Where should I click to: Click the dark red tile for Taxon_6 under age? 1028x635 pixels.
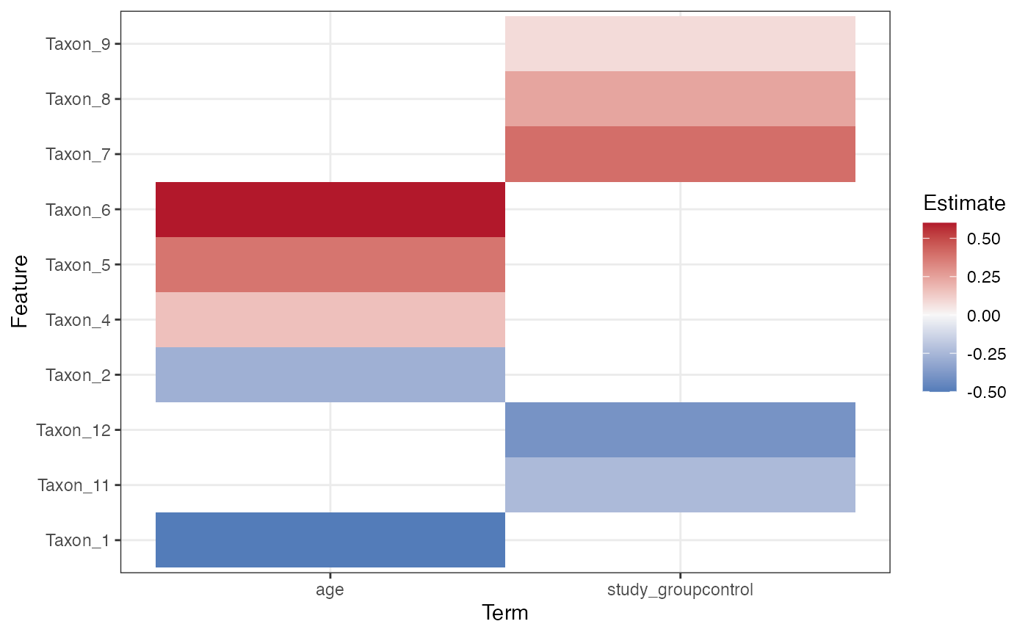pyautogui.click(x=330, y=209)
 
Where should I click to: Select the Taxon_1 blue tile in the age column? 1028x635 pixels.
pyautogui.click(x=330, y=540)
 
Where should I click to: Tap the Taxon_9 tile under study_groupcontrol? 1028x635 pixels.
pyautogui.click(x=680, y=44)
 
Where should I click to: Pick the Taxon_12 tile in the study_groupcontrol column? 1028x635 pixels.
pyautogui.click(x=680, y=429)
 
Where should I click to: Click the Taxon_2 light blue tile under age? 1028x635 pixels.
pyautogui.click(x=330, y=374)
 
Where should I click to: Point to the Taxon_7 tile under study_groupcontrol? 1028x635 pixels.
pyautogui.click(x=680, y=154)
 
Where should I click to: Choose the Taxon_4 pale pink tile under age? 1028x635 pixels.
pyautogui.click(x=330, y=319)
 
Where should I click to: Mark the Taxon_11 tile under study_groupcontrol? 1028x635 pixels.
pyautogui.click(x=680, y=485)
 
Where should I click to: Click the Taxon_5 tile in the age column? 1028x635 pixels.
pyautogui.click(x=330, y=264)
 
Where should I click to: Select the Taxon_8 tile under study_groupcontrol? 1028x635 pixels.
pyautogui.click(x=680, y=99)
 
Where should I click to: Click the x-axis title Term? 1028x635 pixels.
pyautogui.click(x=504, y=613)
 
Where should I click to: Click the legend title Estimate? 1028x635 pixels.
pyautogui.click(x=963, y=203)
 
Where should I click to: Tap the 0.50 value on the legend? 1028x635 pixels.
pyautogui.click(x=984, y=239)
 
